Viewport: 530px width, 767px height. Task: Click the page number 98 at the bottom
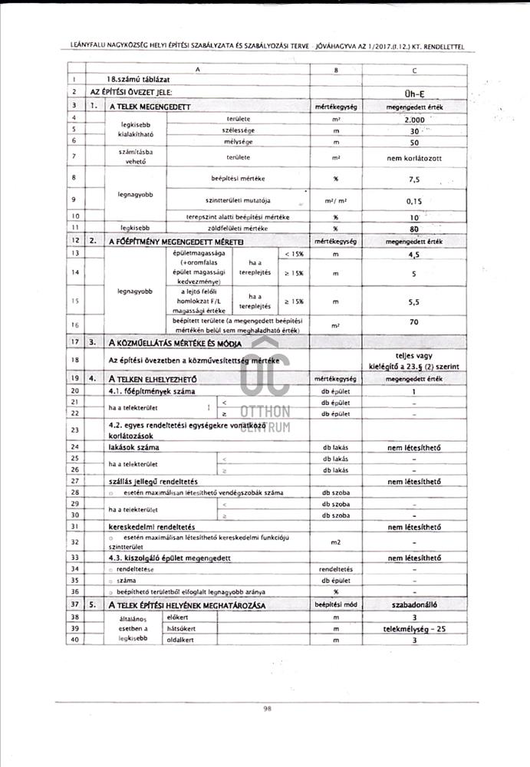[266, 709]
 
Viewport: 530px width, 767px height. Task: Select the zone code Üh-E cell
[413, 92]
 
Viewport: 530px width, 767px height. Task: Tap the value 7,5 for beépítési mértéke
[413, 179]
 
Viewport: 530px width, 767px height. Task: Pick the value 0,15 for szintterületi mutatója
[413, 200]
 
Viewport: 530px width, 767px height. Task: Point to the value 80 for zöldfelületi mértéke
[413, 228]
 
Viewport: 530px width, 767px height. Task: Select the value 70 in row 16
[413, 321]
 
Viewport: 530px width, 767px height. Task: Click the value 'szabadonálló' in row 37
[413, 606]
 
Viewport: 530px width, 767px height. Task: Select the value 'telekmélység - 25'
[413, 628]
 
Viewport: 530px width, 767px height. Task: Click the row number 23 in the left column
[74, 430]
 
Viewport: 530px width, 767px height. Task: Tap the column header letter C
[413, 69]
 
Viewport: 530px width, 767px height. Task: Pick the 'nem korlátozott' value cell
[413, 157]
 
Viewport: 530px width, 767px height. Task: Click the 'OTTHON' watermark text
[265, 411]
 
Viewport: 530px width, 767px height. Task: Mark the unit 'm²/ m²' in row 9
[337, 200]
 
